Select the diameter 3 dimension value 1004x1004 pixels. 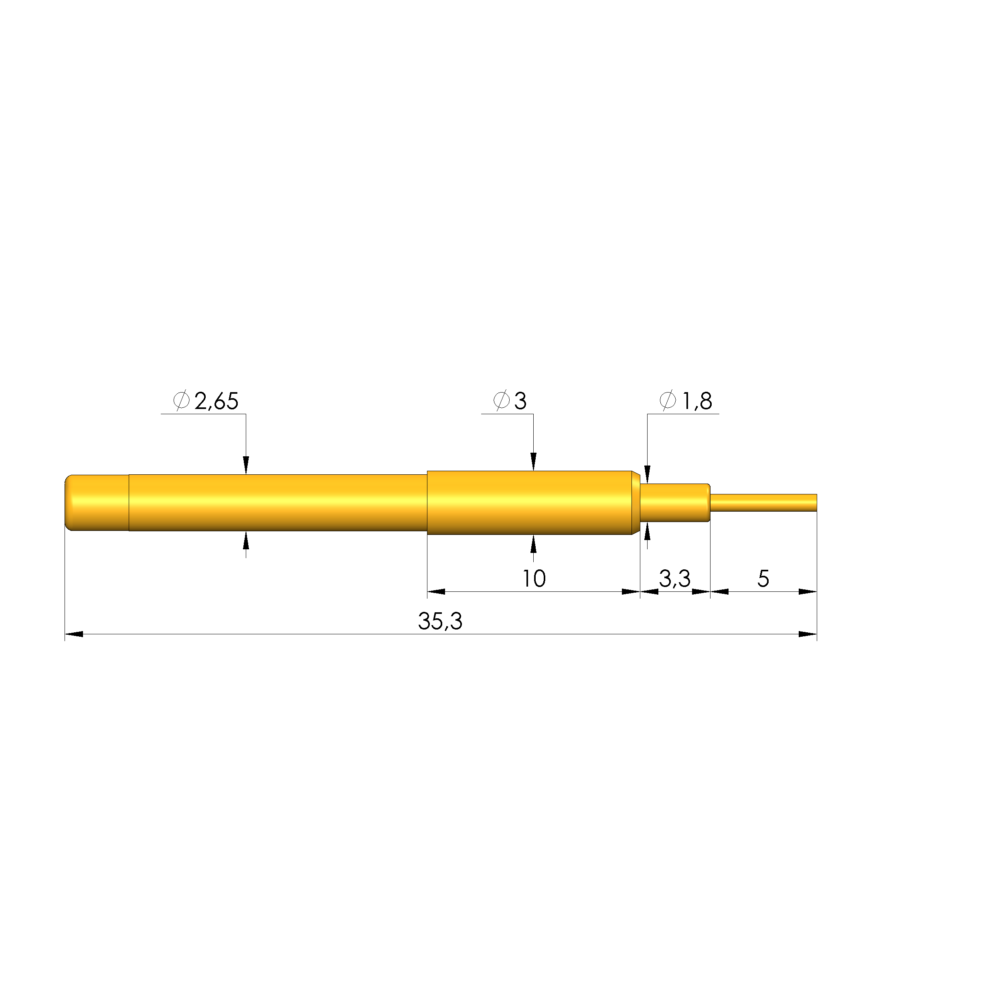(x=520, y=401)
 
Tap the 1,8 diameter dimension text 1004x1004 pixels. (x=696, y=401)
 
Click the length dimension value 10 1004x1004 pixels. (x=534, y=579)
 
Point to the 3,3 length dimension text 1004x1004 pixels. (x=674, y=579)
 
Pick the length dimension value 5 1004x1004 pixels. (x=763, y=579)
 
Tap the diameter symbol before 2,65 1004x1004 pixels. (x=181, y=400)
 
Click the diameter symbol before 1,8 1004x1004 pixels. (x=668, y=400)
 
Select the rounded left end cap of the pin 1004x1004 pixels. (x=97, y=502)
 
